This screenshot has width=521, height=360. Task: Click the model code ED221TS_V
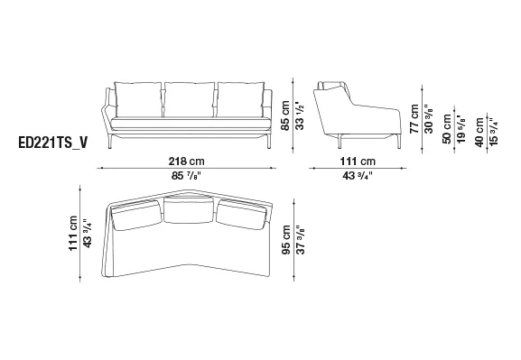53,143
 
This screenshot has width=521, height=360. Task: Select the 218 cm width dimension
186,162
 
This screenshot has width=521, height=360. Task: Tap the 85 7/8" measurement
186,175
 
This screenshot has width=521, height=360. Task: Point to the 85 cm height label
285,115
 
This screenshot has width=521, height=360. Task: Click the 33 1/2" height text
300,115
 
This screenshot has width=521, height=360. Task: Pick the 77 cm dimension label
414,119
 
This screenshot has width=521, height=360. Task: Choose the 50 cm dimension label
447,129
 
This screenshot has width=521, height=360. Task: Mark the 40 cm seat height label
479,132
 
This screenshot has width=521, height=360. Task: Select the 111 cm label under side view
358,162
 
